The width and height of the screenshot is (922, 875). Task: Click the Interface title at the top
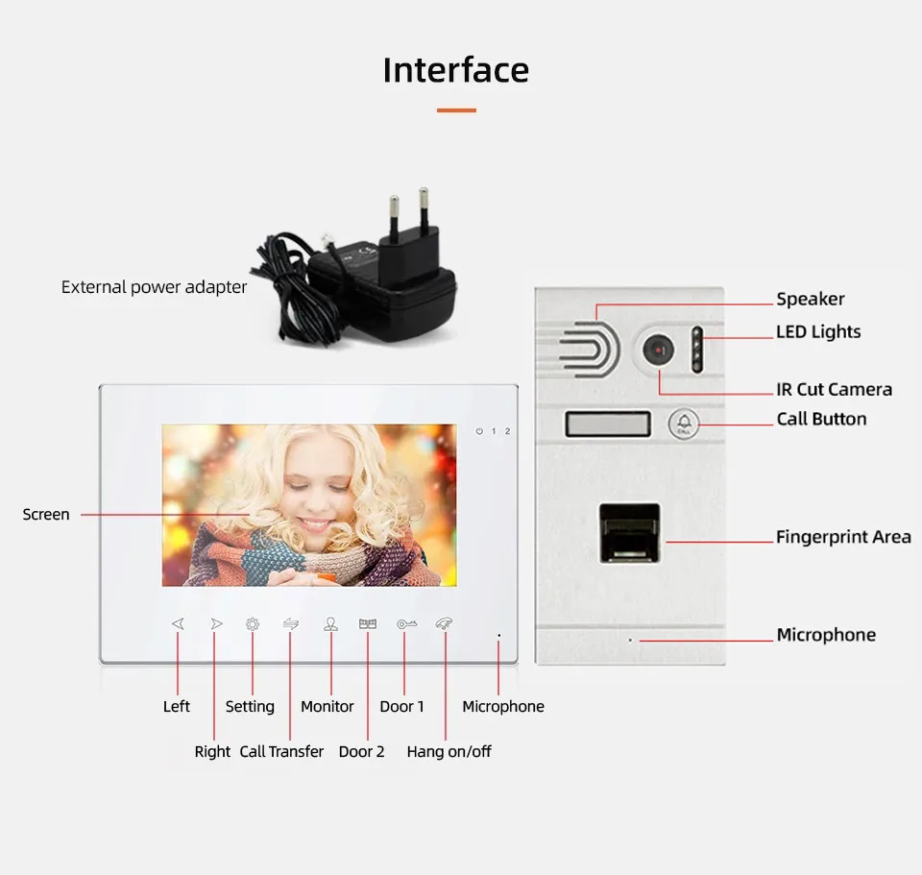(x=455, y=70)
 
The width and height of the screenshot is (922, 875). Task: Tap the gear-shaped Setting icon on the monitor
(x=253, y=624)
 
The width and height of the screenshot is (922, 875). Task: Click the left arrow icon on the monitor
(x=178, y=624)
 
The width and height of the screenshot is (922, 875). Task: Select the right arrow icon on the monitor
(x=216, y=624)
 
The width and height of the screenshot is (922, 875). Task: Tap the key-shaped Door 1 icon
(x=407, y=624)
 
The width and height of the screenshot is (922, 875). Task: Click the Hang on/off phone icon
(x=444, y=623)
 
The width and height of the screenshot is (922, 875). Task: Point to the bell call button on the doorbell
(x=684, y=423)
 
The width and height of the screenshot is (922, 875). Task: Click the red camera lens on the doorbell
(x=658, y=350)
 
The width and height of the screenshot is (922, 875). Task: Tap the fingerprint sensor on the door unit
(x=629, y=532)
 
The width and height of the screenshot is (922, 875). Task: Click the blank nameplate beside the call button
(x=608, y=424)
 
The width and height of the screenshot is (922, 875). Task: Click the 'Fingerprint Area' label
(x=843, y=537)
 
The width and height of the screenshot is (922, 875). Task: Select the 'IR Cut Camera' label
(x=834, y=389)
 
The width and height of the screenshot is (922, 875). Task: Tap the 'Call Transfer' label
(x=281, y=751)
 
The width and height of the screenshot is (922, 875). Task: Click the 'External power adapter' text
(x=154, y=287)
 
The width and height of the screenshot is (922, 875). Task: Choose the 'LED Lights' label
(x=818, y=331)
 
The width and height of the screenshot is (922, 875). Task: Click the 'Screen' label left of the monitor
(x=46, y=515)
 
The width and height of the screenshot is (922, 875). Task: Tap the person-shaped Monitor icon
(x=330, y=624)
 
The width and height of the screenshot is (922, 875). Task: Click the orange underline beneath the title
(x=456, y=110)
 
